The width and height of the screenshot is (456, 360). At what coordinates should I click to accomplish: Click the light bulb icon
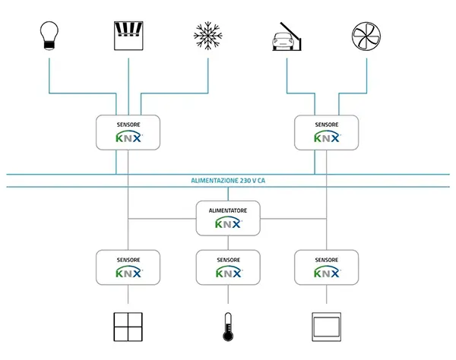[x=49, y=36]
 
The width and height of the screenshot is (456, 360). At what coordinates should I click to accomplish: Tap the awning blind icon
[x=128, y=36]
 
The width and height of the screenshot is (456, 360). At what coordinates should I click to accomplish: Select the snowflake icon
[x=208, y=36]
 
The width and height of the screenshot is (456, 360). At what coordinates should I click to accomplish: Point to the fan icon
[x=366, y=36]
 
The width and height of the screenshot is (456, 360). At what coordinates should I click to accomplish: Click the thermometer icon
[x=228, y=327]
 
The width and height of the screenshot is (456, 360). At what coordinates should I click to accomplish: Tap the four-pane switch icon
[x=128, y=327]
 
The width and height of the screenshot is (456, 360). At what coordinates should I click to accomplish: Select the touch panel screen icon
[x=326, y=327]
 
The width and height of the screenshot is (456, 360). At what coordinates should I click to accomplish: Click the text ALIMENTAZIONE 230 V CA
[x=228, y=181]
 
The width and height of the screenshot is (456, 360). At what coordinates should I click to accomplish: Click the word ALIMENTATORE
[x=228, y=210]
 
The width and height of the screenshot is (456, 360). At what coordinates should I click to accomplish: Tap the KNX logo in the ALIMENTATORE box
[x=229, y=223]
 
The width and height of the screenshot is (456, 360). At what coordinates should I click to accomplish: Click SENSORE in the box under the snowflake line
[x=128, y=125]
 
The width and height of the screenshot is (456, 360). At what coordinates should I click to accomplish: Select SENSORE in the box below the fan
[x=327, y=125]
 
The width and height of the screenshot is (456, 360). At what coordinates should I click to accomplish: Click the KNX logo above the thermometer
[x=229, y=273]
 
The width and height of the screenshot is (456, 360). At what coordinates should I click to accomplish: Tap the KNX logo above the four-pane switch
[x=129, y=273]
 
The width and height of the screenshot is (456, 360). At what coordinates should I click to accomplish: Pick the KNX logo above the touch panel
[x=327, y=273]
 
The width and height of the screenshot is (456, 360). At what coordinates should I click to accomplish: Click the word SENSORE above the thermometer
[x=228, y=260]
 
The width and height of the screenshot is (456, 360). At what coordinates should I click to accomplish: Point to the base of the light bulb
[x=49, y=46]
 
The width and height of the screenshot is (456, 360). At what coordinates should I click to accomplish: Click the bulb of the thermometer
[x=228, y=336]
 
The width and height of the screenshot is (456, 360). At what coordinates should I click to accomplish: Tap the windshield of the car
[x=283, y=37]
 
